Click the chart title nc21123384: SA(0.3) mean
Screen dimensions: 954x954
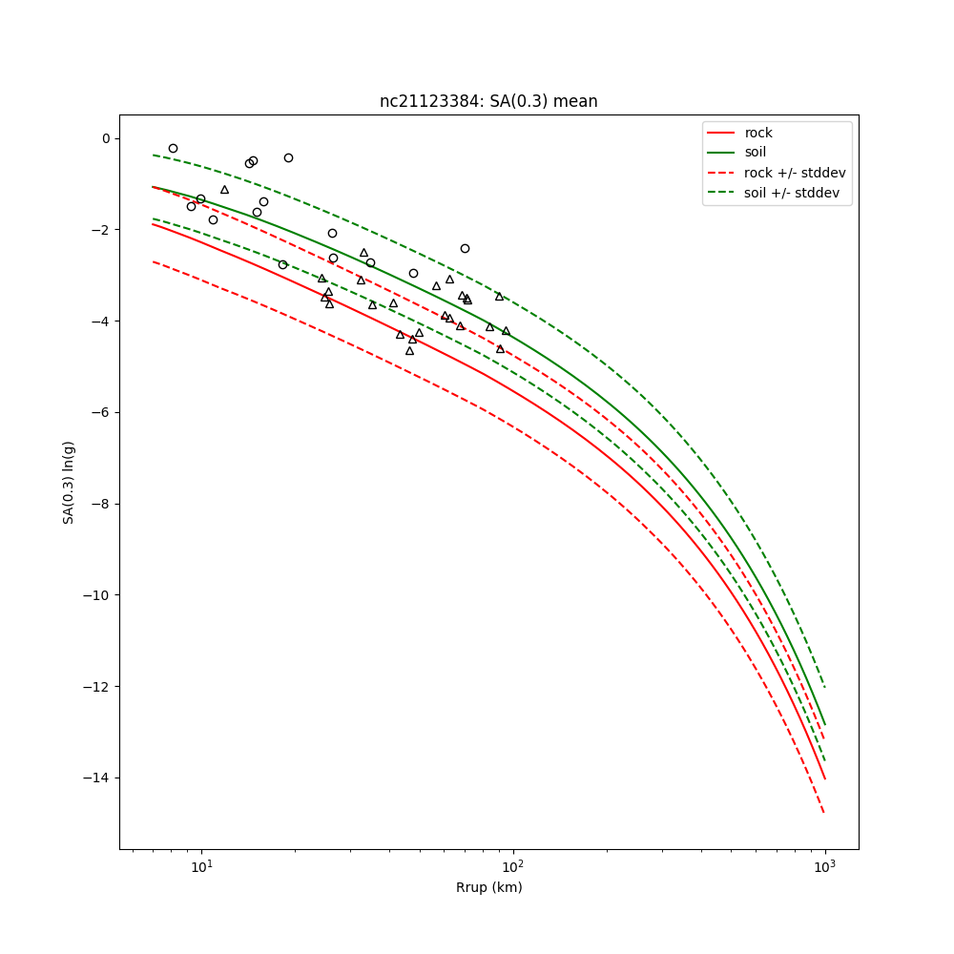tap(488, 101)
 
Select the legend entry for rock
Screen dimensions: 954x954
tap(758, 133)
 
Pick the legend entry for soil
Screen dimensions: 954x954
tap(756, 153)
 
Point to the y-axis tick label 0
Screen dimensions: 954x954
tap(105, 138)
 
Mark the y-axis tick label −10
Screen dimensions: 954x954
tap(97, 595)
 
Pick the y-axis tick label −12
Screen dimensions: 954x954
tap(97, 687)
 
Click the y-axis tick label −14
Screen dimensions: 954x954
tap(97, 778)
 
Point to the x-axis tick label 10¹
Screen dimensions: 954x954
tap(201, 865)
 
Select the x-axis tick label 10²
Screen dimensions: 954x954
tap(513, 865)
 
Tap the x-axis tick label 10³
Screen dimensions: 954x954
tap(825, 865)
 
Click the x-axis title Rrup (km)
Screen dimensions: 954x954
tap(488, 887)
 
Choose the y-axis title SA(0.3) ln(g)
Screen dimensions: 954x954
tap(69, 482)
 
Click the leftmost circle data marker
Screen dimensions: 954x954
tap(173, 148)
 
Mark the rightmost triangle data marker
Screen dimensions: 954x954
tap(506, 331)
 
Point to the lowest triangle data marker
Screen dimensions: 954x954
tap(409, 351)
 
